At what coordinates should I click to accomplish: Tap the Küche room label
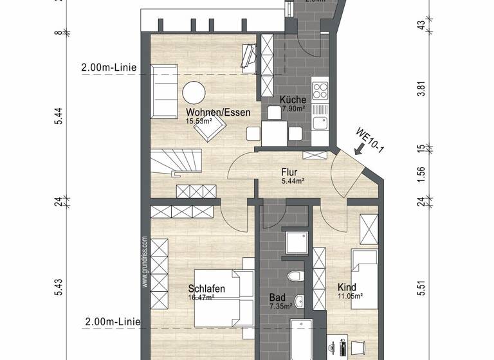point(292,100)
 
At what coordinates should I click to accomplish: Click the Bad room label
point(277,298)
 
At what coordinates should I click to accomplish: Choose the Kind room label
point(347,287)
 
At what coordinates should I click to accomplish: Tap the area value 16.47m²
point(201,297)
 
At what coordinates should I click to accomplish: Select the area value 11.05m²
point(350,296)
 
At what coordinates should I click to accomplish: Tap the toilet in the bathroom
point(295,276)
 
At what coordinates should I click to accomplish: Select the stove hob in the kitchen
point(319,89)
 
